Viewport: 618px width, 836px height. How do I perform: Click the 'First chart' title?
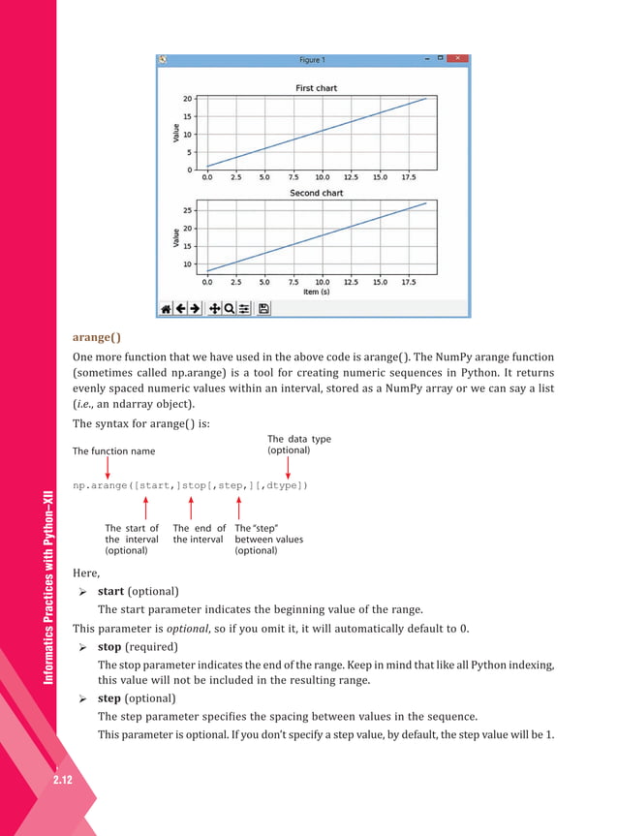point(317,88)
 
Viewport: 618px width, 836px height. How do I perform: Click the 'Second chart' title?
point(317,193)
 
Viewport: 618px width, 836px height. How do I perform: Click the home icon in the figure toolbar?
point(166,308)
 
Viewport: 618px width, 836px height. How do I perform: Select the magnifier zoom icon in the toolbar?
point(229,308)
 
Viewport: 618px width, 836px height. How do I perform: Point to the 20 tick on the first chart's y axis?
point(187,99)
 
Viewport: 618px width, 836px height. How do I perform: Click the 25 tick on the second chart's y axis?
point(187,210)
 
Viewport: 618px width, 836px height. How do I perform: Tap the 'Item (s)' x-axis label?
point(317,291)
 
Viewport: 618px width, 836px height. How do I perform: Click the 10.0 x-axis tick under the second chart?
point(322,282)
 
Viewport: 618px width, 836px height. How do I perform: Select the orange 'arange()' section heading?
point(97,337)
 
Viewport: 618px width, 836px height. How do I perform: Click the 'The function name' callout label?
point(113,451)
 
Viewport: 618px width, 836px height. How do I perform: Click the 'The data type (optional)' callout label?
point(298,445)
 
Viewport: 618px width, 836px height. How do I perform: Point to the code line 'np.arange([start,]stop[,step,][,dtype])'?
point(191,484)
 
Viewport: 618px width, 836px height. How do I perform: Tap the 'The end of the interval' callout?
point(199,534)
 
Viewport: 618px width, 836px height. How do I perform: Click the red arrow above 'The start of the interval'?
point(144,507)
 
